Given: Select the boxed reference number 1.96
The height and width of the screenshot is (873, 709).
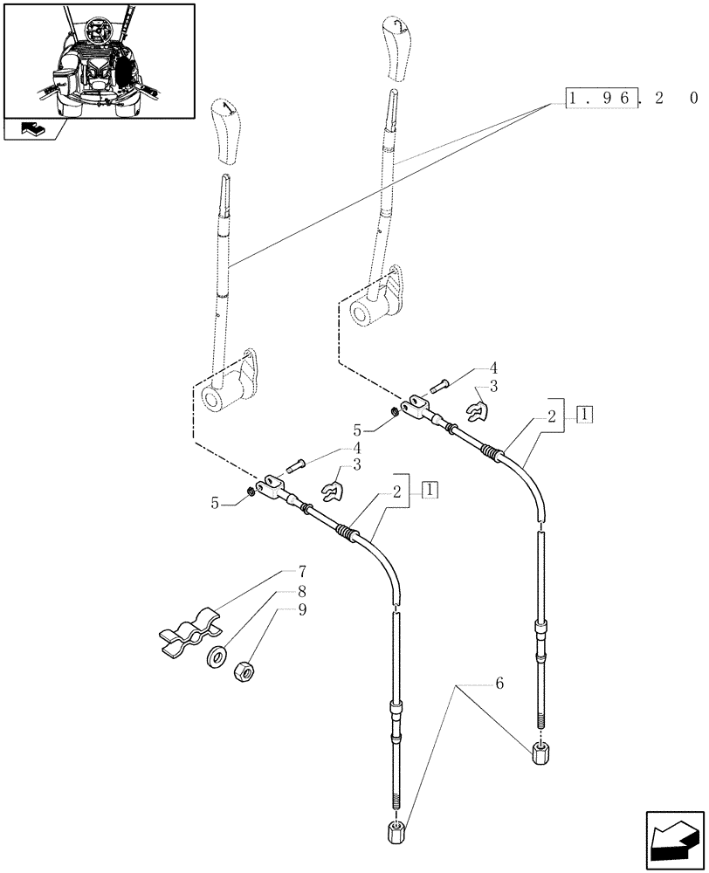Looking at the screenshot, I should pyautogui.click(x=601, y=100).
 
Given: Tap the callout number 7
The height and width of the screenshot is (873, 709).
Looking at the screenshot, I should pyautogui.click(x=301, y=572).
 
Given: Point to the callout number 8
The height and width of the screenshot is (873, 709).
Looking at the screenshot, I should pyautogui.click(x=301, y=591).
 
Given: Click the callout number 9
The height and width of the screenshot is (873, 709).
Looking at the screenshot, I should pyautogui.click(x=301, y=610).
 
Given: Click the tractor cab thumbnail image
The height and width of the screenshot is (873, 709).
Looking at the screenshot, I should pyautogui.click(x=97, y=60).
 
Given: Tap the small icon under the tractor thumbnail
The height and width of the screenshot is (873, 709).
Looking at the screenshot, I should pyautogui.click(x=32, y=130).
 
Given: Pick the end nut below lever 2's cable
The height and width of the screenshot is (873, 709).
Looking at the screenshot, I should pyautogui.click(x=541, y=750).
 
